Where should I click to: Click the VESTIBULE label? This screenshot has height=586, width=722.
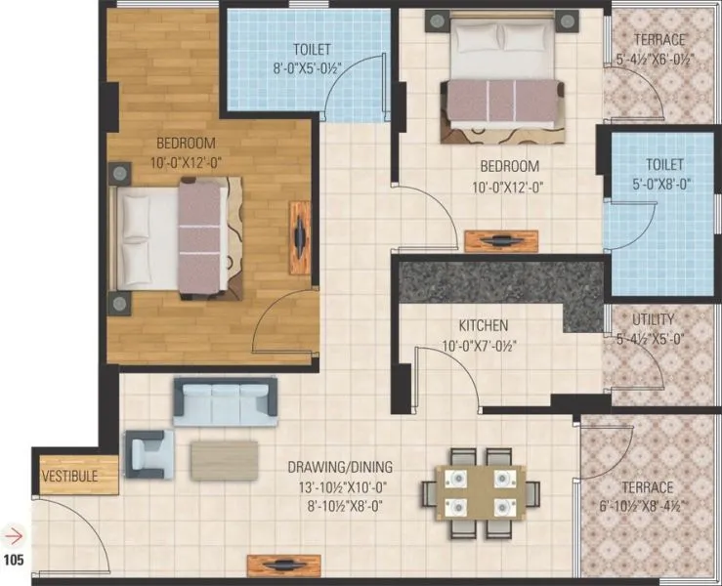tap(67, 476)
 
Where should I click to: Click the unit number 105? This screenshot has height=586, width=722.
tap(15, 561)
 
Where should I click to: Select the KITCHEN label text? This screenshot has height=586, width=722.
tap(484, 325)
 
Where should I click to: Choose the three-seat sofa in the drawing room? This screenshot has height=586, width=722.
tap(225, 400)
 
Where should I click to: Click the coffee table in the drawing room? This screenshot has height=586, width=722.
tap(225, 458)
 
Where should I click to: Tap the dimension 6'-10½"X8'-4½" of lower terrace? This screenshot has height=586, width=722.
tap(647, 506)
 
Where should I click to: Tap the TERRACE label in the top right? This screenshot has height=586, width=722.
tap(658, 40)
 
